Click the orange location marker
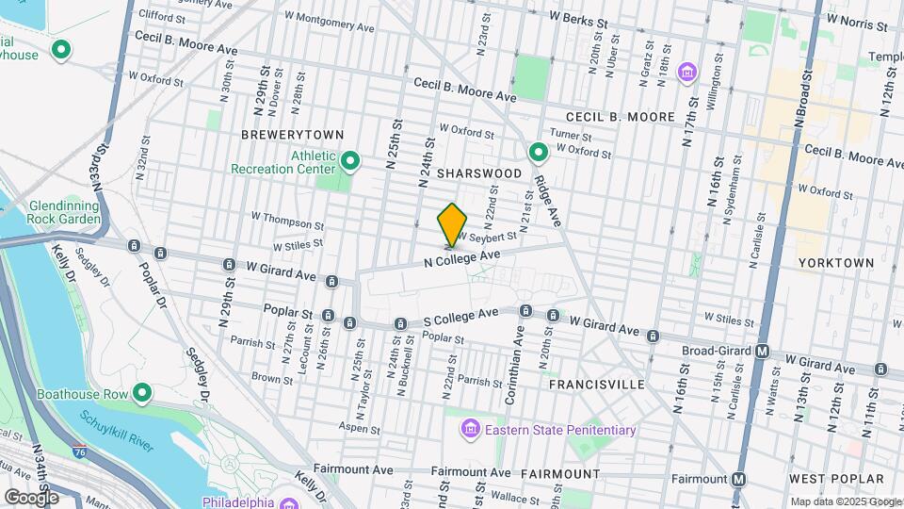452,224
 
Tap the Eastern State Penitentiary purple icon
468,431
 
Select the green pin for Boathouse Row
143,392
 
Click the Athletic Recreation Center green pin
349,162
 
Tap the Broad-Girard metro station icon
763,352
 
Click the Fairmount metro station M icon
739,478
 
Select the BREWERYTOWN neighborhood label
292,135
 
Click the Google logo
31,496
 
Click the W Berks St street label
580,18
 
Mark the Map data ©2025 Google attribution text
844,501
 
